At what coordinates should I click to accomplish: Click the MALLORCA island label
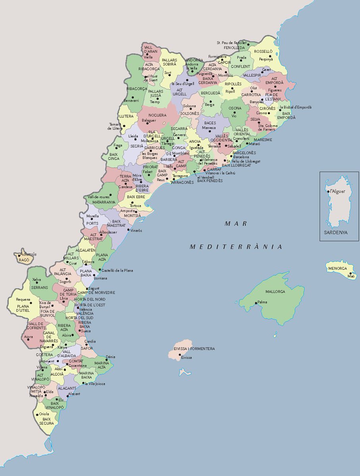(x=275, y=292)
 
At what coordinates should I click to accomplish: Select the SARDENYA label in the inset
(x=335, y=232)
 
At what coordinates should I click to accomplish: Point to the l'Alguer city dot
(x=328, y=192)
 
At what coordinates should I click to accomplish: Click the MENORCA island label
(x=337, y=269)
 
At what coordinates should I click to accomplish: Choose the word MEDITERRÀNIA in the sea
(x=236, y=247)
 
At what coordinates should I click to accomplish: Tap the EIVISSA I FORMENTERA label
(x=194, y=349)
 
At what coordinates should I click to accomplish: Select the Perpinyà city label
(x=266, y=59)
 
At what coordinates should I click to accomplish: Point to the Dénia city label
(x=111, y=357)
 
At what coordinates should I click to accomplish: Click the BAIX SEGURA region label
(x=46, y=421)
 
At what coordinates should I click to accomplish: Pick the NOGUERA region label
(x=157, y=115)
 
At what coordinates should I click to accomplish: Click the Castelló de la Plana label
(x=117, y=271)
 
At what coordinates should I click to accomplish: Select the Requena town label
(x=23, y=299)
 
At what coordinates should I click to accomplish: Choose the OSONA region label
(x=235, y=108)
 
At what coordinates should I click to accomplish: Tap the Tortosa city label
(x=135, y=206)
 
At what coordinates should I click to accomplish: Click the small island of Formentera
(x=185, y=372)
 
